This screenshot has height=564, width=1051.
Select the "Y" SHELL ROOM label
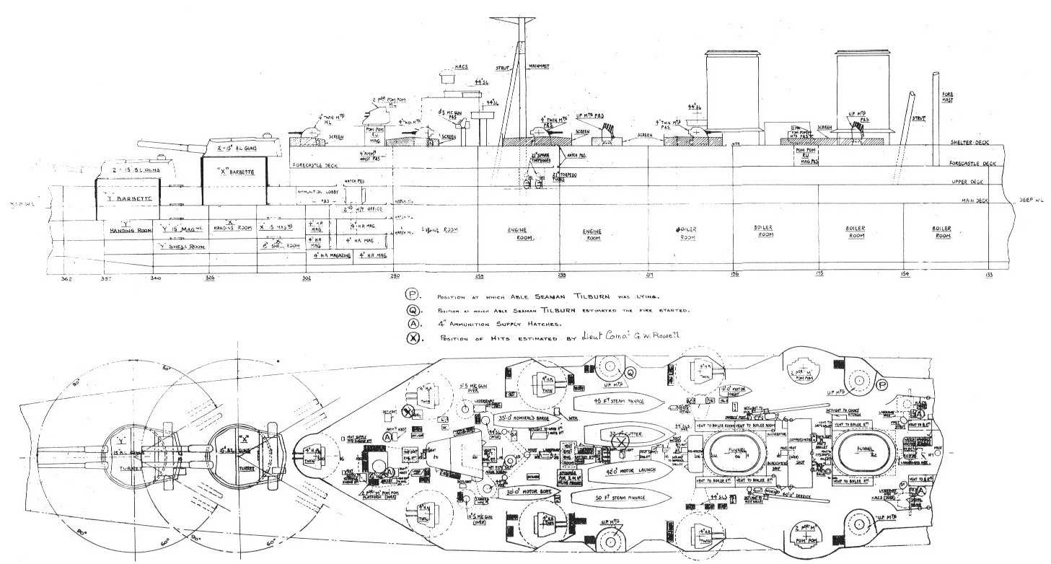click(182, 246)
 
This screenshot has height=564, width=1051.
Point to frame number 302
click(307, 277)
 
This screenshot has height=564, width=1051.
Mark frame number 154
click(905, 275)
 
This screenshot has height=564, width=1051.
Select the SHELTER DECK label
click(967, 144)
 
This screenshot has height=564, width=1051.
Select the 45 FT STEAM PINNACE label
click(617, 401)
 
